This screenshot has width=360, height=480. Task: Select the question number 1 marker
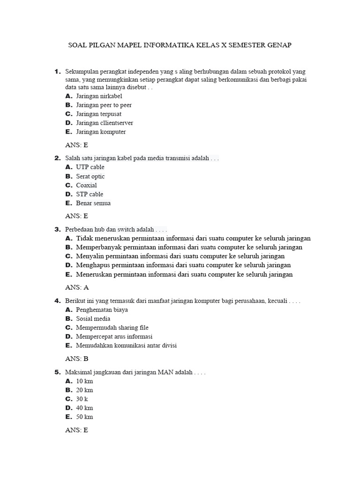click(57, 72)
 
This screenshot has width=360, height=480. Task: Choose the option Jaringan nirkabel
click(99, 96)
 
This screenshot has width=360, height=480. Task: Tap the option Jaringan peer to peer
click(104, 105)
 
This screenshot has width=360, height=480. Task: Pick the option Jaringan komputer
click(101, 132)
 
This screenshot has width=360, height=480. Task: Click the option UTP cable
click(90, 167)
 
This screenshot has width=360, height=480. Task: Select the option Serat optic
click(90, 176)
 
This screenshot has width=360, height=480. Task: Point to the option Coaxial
click(87, 185)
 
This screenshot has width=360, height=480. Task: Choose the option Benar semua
click(93, 203)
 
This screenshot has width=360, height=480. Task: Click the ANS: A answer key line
click(77, 287)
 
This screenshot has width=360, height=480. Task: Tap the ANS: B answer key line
click(77, 359)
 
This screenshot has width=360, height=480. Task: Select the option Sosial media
click(93, 319)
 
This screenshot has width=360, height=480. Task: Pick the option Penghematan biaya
click(102, 310)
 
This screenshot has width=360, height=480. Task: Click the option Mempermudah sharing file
click(112, 328)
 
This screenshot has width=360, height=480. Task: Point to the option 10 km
click(84, 381)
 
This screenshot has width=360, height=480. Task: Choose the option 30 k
click(82, 399)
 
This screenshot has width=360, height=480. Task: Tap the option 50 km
click(84, 417)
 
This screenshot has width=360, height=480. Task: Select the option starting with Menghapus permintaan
click(183, 265)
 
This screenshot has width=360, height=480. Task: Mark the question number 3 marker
click(57, 229)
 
